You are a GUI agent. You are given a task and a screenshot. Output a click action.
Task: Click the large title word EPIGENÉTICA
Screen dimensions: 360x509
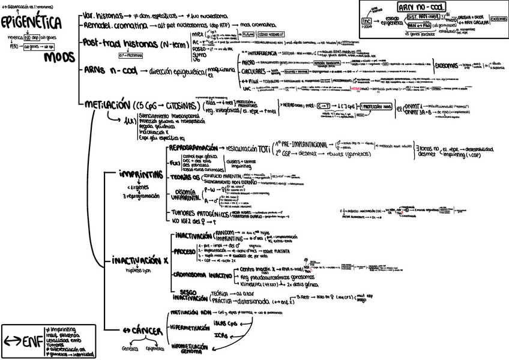click(31, 23)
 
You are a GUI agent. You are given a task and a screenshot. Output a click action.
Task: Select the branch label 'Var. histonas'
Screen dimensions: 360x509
click(104, 14)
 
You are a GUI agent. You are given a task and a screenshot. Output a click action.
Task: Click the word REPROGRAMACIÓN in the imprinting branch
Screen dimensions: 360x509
click(194, 148)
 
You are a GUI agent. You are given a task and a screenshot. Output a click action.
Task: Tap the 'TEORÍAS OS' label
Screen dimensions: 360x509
click(182, 177)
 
